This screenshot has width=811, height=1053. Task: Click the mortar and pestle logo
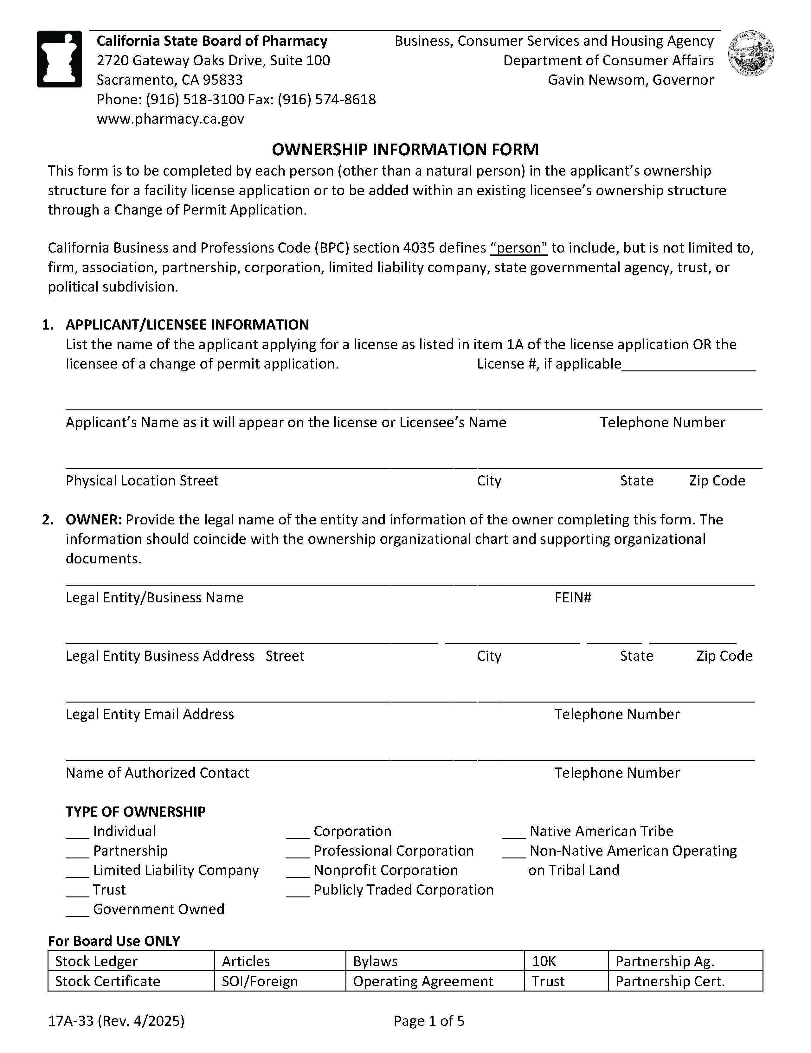click(59, 59)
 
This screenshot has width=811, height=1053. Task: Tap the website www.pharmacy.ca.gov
click(170, 119)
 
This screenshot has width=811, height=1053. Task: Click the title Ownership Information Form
click(405, 150)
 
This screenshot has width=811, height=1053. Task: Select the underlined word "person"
click(519, 248)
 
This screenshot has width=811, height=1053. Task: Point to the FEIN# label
click(573, 598)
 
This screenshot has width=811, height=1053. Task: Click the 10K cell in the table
click(566, 961)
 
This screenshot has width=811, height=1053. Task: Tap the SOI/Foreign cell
click(280, 982)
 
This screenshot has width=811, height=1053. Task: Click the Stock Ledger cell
click(131, 961)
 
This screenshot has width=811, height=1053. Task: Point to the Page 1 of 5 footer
click(429, 1021)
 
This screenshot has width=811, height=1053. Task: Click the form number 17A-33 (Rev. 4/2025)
click(116, 1021)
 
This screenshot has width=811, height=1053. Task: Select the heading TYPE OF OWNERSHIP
click(136, 812)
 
